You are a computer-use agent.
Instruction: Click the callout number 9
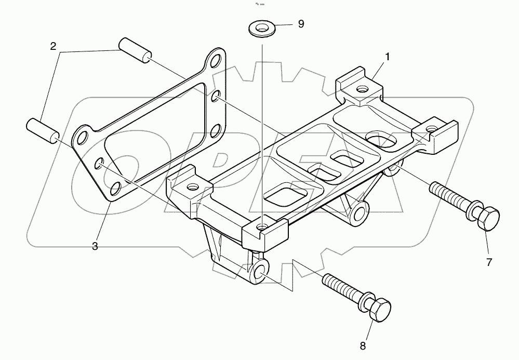(300, 24)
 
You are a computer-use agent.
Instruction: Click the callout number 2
(53, 46)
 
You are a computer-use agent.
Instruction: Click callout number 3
(95, 246)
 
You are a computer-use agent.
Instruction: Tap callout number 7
(489, 262)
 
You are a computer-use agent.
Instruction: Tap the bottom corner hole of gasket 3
(115, 187)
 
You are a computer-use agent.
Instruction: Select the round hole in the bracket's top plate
(378, 138)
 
